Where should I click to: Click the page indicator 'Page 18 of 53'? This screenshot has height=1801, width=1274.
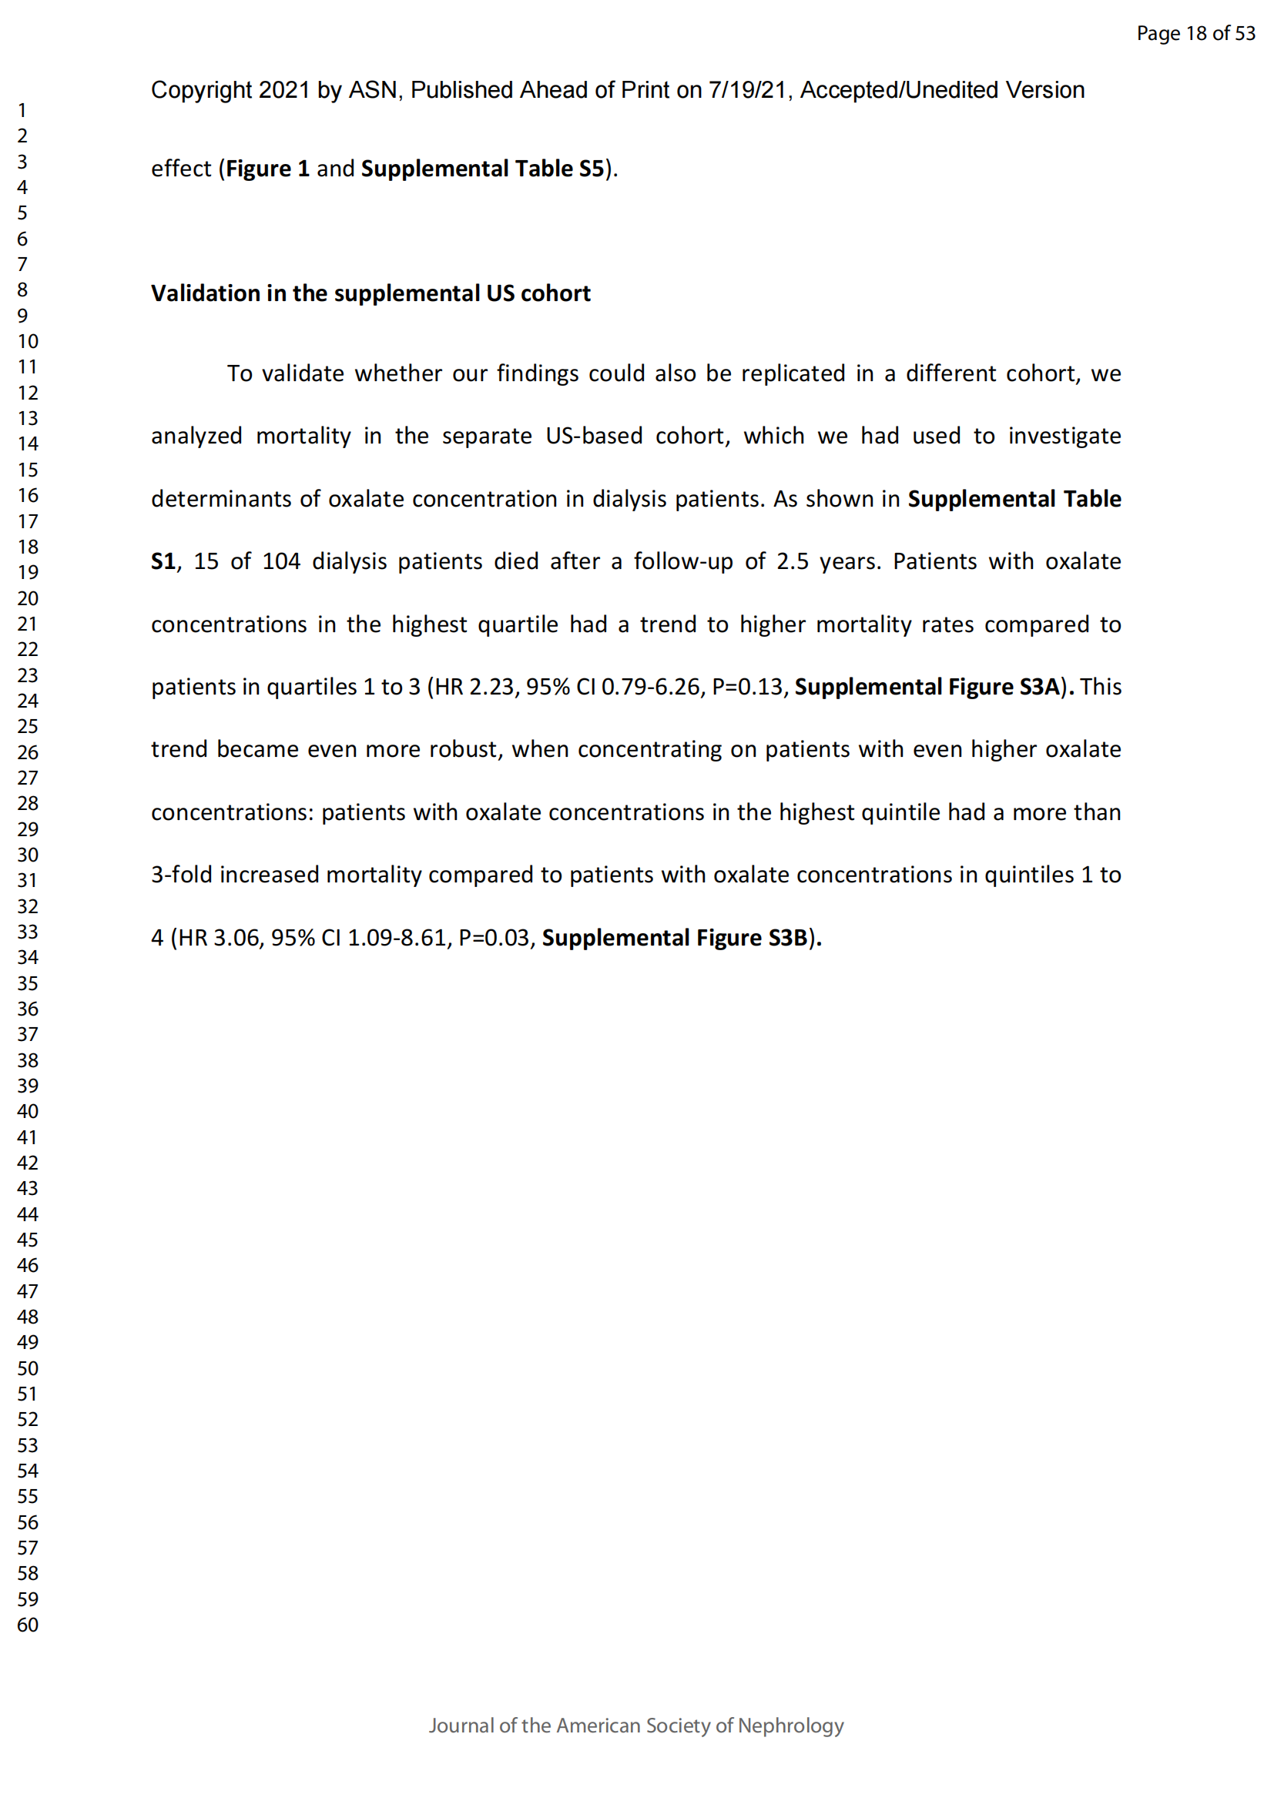[x=1195, y=33]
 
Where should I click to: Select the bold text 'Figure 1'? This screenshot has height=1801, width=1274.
[x=267, y=169]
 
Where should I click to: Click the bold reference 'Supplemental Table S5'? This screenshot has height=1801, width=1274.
[x=482, y=169]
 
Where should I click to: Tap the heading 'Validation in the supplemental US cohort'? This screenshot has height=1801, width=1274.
[x=370, y=293]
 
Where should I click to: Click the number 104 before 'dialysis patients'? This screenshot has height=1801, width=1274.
[x=281, y=561]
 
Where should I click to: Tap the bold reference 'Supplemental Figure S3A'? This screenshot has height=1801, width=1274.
[x=928, y=687]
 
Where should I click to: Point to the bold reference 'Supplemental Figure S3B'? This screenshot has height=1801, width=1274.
[x=675, y=938]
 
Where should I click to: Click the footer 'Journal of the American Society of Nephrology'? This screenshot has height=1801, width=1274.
[x=636, y=1726]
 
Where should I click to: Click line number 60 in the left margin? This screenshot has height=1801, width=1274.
[x=28, y=1625]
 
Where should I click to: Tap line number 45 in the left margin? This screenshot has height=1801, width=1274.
[x=28, y=1240]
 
